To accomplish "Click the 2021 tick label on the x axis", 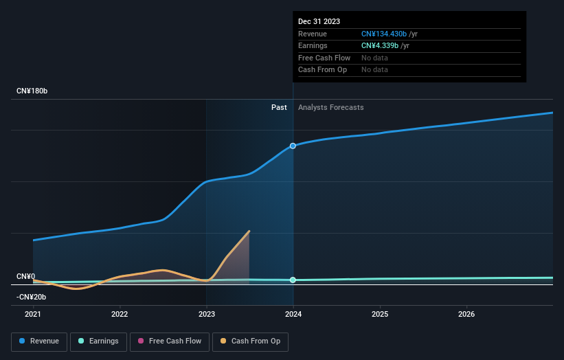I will [33, 314].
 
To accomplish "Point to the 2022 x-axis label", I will [120, 314].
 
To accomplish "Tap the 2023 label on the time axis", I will [206, 314].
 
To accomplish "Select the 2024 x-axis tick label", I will [293, 314].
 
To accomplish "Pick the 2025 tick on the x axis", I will [380, 314].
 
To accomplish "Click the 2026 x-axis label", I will [466, 314].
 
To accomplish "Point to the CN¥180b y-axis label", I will [32, 91].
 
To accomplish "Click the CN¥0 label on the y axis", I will [25, 276].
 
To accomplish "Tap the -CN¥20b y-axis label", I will [32, 297].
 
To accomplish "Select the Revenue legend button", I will [39, 341].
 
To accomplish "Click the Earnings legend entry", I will [98, 341].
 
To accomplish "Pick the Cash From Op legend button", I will [250, 341].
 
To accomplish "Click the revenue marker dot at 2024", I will [293, 146].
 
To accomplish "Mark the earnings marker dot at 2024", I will [293, 280].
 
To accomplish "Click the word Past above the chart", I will [279, 107].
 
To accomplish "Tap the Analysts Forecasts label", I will [330, 107].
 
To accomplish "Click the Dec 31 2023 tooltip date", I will [319, 22].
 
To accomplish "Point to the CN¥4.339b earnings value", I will [381, 46].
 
